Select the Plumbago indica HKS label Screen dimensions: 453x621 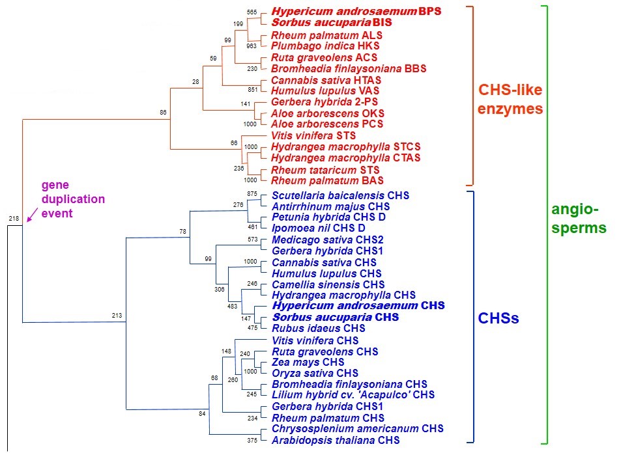325,46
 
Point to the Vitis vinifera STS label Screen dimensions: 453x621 314,135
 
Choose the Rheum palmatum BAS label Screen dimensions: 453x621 327,180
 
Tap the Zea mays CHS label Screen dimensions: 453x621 308,362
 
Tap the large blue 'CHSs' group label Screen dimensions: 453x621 498,318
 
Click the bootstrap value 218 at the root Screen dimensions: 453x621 14,218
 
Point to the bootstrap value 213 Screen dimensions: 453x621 117,316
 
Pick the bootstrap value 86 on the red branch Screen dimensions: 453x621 163,112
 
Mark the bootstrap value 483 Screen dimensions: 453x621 233,306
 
